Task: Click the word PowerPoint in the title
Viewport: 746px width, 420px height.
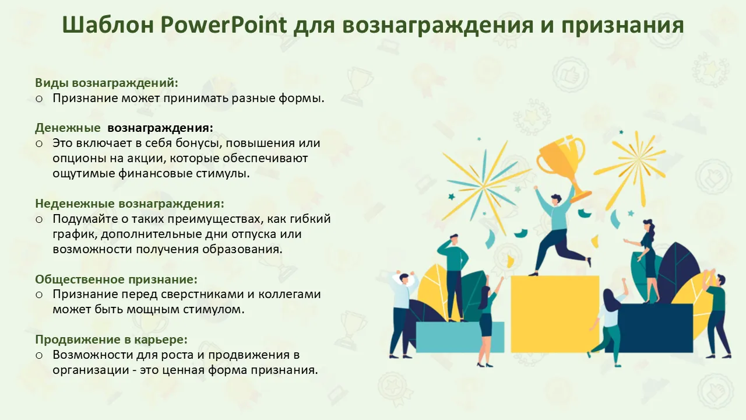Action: click(223, 25)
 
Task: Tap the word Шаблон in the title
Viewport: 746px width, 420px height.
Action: click(108, 25)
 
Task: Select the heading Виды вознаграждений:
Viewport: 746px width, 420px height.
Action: click(107, 83)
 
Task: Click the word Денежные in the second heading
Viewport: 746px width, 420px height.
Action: click(68, 128)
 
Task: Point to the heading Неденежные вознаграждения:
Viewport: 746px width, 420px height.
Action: click(129, 204)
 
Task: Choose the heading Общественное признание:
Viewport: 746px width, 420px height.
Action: click(116, 279)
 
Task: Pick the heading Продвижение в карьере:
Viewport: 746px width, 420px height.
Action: click(111, 339)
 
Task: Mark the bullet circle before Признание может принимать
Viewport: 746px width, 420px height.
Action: click(39, 99)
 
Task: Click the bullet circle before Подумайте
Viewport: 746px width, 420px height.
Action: click(39, 219)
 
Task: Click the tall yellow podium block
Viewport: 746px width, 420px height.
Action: click(555, 314)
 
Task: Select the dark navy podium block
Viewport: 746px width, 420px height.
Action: click(649, 328)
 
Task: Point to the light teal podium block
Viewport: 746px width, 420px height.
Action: click(460, 337)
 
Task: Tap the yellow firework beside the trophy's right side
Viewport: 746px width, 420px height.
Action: click(631, 167)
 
